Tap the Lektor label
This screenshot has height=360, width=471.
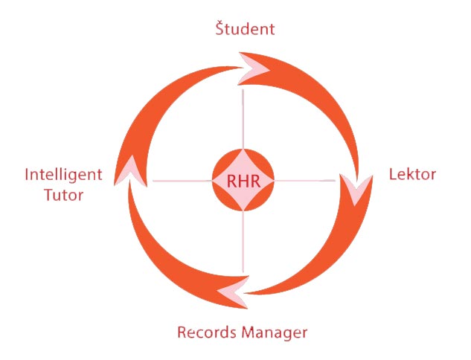tap(412, 174)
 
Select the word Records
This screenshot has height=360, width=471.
tap(208, 332)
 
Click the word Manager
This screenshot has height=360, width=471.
tap(275, 333)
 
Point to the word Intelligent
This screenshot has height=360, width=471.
tap(64, 175)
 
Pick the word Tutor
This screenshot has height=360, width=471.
tap(64, 195)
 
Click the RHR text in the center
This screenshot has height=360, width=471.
tap(243, 181)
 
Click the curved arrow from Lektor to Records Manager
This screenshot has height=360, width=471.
tap(339, 258)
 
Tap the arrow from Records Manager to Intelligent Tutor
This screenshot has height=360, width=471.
tap(156, 264)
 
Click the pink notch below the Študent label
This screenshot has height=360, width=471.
tap(254, 70)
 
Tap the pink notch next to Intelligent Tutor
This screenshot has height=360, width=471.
tap(129, 170)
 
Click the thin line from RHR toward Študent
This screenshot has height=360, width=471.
tap(243, 119)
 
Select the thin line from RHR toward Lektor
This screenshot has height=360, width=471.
tap(304, 181)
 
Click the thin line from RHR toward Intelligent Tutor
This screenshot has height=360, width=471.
tap(182, 181)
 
